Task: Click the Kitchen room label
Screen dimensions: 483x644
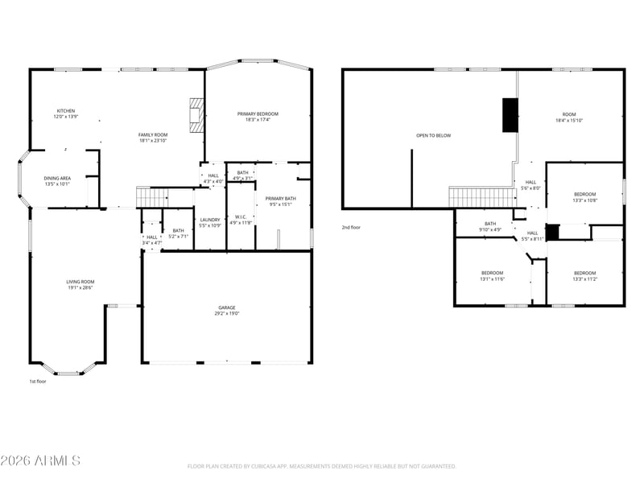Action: coord(65,114)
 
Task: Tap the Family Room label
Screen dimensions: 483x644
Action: coord(152,138)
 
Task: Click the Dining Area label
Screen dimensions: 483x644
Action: coord(57,180)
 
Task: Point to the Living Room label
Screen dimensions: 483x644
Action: coord(80,284)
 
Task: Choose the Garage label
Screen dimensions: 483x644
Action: coord(226,310)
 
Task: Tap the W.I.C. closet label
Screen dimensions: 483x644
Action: coord(241,219)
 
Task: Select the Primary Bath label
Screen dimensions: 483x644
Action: coord(281,200)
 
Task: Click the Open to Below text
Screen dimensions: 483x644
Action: coord(433,135)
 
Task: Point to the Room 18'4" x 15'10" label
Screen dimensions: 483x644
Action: coord(569,118)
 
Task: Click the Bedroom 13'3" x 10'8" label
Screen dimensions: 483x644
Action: coord(584,196)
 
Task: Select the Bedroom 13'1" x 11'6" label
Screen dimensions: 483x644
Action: coord(492,275)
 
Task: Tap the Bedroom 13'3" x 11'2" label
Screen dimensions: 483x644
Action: coord(584,275)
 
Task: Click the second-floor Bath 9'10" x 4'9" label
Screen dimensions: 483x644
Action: coord(490,226)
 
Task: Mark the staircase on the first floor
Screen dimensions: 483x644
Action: coord(153,196)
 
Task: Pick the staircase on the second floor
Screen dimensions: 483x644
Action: coord(481,197)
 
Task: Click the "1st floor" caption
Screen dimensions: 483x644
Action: coord(38,382)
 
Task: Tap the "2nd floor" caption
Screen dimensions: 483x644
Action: coord(351,228)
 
